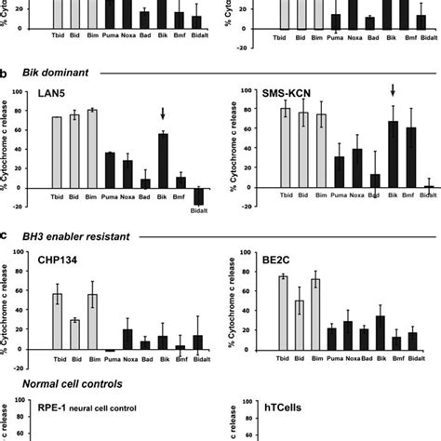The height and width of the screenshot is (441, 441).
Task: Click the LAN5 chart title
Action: [x=46, y=94]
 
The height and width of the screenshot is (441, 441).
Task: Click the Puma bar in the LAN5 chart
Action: [x=110, y=169]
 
